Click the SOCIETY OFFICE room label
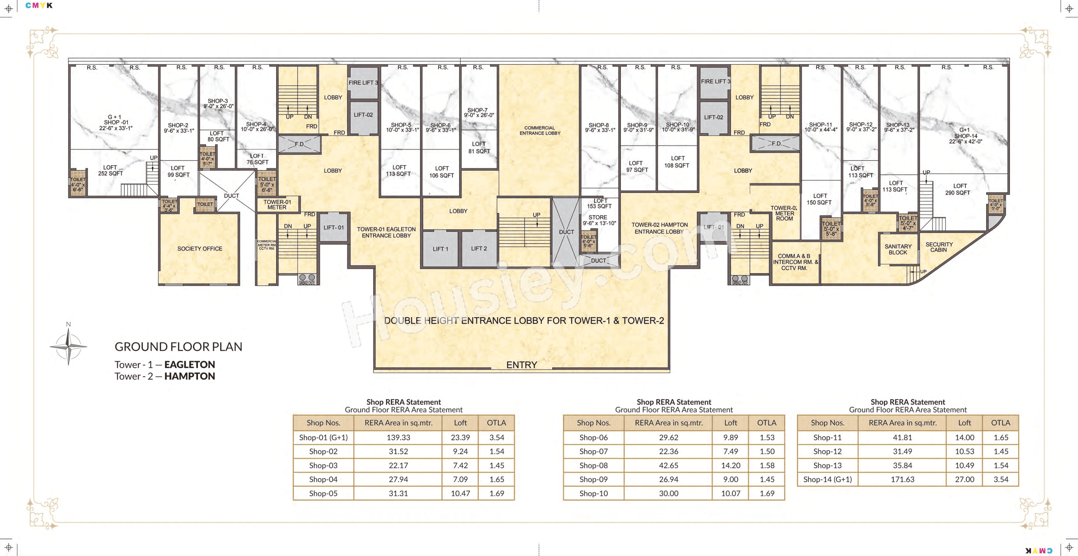coord(200,249)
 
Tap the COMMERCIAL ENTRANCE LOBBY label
coord(539,130)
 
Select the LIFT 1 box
coord(440,249)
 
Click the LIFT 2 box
coord(479,249)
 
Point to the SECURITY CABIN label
coord(938,247)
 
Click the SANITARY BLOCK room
coord(898,249)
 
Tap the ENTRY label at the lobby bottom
coord(522,365)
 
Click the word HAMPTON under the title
coord(190,376)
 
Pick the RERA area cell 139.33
coord(398,437)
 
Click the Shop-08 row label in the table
coord(593,465)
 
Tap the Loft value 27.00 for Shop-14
coord(964,479)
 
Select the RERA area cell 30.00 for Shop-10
coord(668,493)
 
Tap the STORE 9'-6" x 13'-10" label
coord(599,220)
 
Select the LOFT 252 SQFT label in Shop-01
coord(110,170)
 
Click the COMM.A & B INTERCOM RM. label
coord(795,262)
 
